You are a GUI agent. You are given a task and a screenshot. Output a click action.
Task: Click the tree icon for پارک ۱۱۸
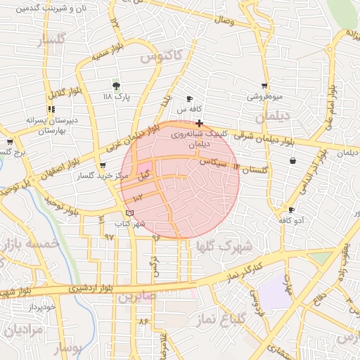[117, 85]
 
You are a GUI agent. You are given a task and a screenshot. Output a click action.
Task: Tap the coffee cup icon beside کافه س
[189, 99]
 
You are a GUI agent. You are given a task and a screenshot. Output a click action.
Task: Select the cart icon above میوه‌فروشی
[264, 86]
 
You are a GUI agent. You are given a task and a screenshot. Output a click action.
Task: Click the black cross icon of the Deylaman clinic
[200, 123]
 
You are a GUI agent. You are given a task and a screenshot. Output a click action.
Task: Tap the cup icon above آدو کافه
[291, 210]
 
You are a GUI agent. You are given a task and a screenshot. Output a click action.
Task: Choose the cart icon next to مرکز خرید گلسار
[103, 166]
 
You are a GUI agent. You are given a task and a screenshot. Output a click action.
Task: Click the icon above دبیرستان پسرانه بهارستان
[51, 109]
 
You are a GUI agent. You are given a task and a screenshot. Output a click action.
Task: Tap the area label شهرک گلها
[224, 247]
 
